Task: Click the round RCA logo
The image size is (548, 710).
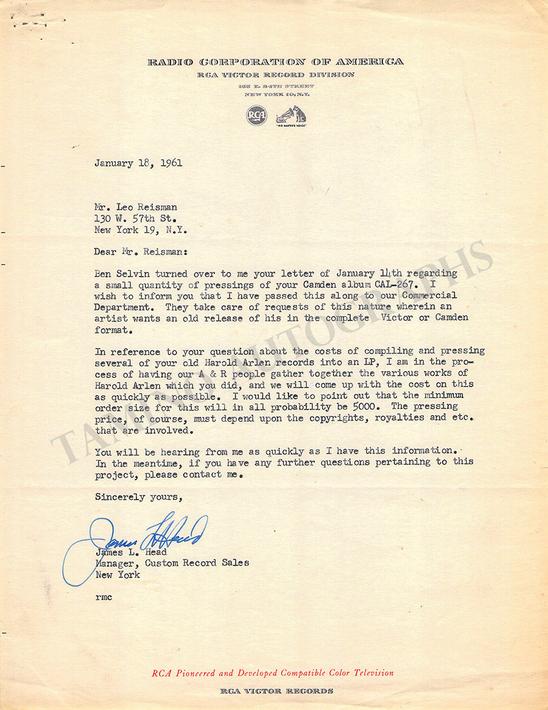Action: pos(256,115)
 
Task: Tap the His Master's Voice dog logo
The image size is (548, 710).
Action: pos(291,115)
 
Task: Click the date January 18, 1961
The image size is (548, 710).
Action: pos(138,163)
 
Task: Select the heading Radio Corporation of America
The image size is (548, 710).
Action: pos(275,62)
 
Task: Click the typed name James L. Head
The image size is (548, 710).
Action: pos(131,552)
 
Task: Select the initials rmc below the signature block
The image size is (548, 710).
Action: pos(103,597)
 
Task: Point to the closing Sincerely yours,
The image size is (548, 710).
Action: pos(138,497)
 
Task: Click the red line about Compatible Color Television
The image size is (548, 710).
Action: pos(273,673)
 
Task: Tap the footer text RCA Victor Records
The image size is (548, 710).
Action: pos(276,691)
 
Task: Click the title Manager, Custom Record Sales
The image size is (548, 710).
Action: pos(172,563)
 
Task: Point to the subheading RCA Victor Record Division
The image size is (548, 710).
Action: pos(275,74)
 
